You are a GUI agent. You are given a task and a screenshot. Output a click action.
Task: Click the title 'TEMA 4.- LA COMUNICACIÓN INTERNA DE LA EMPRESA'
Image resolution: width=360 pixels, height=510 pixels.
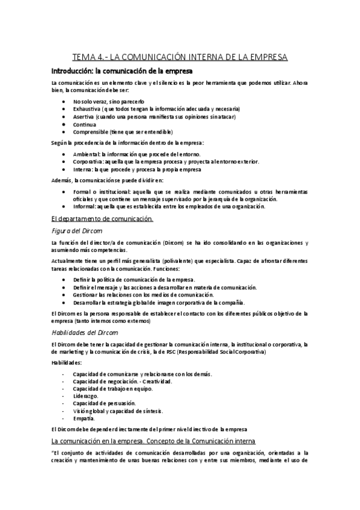pyautogui.click(x=180, y=58)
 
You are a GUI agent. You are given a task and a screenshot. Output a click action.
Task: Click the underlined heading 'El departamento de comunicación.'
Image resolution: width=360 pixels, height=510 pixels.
pyautogui.click(x=102, y=218)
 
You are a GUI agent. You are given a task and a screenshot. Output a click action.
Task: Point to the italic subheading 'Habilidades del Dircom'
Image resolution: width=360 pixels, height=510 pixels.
pyautogui.click(x=84, y=332)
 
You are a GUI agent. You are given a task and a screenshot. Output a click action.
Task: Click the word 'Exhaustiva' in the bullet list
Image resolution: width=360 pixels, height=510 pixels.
pyautogui.click(x=87, y=109)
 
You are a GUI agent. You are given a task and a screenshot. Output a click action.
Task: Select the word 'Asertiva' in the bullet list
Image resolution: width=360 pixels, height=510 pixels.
pyautogui.click(x=84, y=116)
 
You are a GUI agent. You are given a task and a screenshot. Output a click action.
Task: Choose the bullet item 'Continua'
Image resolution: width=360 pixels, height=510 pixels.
pyautogui.click(x=85, y=124)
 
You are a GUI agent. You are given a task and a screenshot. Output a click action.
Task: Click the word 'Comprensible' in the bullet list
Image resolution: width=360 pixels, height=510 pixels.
pyautogui.click(x=91, y=132)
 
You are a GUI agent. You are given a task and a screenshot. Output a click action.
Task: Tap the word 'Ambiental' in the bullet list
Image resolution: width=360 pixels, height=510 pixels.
pyautogui.click(x=86, y=154)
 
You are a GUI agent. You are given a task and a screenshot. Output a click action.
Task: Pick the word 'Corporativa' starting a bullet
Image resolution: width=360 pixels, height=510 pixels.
pyautogui.click(x=88, y=162)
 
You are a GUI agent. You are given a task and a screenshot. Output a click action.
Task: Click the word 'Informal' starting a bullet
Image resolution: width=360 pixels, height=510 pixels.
pyautogui.click(x=85, y=206)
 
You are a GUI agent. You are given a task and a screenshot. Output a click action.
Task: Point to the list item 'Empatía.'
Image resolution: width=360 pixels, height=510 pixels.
pyautogui.click(x=84, y=418)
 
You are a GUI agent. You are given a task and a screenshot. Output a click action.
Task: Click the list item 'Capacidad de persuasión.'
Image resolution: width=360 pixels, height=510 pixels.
pyautogui.click(x=104, y=403)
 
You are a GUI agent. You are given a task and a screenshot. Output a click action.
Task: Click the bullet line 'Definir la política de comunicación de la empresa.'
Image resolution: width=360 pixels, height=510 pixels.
pyautogui.click(x=134, y=280)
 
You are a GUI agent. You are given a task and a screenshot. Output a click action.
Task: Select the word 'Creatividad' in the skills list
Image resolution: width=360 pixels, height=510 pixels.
pyautogui.click(x=157, y=381)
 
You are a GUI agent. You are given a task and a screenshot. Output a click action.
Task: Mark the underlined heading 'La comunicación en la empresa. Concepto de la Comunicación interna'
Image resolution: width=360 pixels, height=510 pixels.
pyautogui.click(x=153, y=441)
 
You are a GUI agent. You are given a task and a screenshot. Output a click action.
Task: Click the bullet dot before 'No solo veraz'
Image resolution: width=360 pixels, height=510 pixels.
pyautogui.click(x=64, y=102)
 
